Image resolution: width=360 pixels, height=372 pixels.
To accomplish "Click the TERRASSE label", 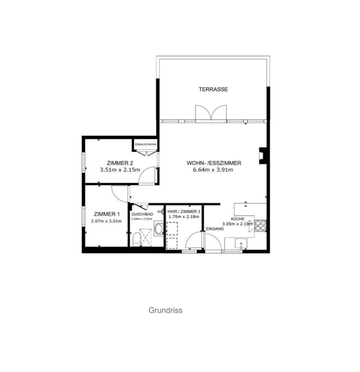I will [x=213, y=89].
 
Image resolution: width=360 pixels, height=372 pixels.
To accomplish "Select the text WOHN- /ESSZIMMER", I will [x=214, y=163].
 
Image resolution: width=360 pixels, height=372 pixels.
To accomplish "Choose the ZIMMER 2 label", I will [x=120, y=163].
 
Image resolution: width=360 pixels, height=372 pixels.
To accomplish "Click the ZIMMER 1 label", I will [x=106, y=214].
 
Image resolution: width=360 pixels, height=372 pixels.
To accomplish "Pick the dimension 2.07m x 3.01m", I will [x=106, y=221].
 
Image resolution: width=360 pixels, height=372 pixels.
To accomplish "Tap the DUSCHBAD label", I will [x=143, y=214].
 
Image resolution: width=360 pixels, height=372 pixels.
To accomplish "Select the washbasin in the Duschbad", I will [x=159, y=229].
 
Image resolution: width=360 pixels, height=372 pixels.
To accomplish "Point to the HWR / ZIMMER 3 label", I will [x=183, y=211].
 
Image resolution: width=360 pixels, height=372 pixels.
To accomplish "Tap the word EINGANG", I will [x=215, y=229].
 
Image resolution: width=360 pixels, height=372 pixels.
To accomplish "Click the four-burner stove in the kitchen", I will [x=261, y=226].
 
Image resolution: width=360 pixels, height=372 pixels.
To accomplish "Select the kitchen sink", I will [x=241, y=243].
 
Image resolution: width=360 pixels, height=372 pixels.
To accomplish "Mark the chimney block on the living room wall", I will [x=263, y=155].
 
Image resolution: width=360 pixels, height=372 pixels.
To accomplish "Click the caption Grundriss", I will [x=166, y=310].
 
